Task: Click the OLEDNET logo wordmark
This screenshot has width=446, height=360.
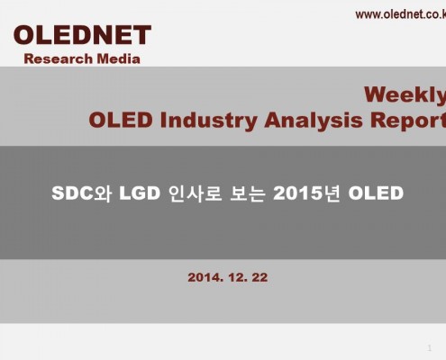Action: coord(82,35)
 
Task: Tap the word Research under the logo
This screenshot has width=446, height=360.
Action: coord(59,58)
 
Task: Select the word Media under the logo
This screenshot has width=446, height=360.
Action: coord(118,58)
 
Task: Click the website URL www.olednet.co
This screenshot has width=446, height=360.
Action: coord(401,14)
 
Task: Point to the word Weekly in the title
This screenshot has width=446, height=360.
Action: coord(405,95)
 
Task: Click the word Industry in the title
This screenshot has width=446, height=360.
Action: coord(208,121)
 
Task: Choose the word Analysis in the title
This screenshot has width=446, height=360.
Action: coord(314,121)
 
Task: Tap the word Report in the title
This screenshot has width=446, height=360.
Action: coord(408,121)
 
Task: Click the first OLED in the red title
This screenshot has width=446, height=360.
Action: coord(121,120)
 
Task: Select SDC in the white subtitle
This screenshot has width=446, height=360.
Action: coord(72,193)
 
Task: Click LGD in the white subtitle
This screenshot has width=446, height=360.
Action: coord(140,193)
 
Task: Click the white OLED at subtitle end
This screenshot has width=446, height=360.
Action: coord(376,193)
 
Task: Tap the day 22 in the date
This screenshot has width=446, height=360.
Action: coord(259,277)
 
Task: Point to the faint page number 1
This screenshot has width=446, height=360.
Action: coord(430,348)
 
